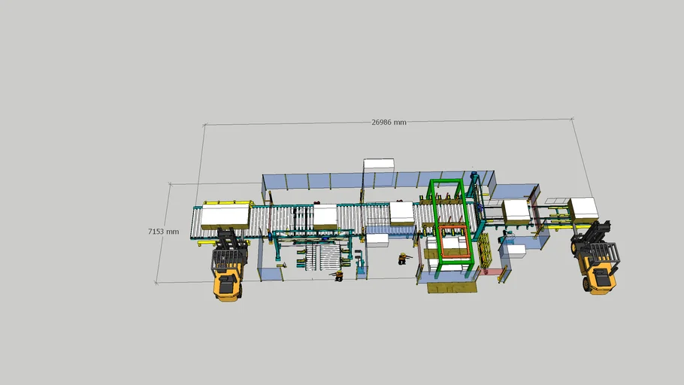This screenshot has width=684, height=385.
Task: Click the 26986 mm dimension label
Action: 389,123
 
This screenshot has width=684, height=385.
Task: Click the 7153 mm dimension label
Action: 164,232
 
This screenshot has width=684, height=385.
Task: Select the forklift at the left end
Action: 229,265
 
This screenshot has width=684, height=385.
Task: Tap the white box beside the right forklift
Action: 583,210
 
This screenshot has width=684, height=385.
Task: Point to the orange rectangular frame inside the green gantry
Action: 455,242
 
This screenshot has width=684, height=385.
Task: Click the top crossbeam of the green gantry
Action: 446,182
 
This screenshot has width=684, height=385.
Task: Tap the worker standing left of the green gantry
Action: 403,259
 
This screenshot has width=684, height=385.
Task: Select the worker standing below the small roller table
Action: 338,275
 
